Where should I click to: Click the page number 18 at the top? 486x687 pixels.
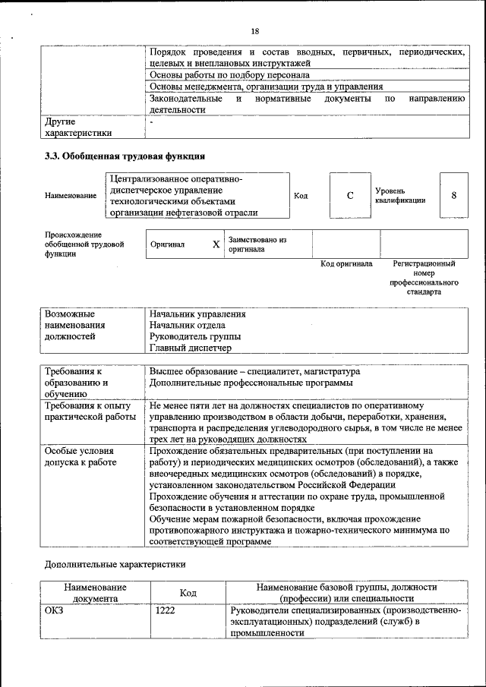[x=254, y=30]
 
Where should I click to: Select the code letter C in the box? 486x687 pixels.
[x=350, y=195]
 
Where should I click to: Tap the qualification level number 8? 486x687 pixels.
[x=453, y=195]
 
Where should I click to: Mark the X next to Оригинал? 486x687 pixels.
[x=216, y=244]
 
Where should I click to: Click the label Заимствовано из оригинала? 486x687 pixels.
[x=257, y=244]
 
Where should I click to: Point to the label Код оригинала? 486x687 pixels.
[x=346, y=264]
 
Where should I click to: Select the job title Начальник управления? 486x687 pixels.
[x=197, y=314]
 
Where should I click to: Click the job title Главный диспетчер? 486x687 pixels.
[x=190, y=348]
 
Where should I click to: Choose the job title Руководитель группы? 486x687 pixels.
[x=195, y=336]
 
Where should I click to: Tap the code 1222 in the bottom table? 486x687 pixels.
[x=166, y=610]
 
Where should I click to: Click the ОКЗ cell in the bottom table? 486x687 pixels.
[x=55, y=610]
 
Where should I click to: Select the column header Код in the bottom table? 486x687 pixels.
[x=188, y=592]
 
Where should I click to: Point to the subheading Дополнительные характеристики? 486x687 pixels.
[x=115, y=564]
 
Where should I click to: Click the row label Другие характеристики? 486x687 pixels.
[x=78, y=127]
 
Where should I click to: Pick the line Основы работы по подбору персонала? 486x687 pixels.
[x=229, y=76]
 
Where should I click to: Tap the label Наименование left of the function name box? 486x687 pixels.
[x=71, y=196]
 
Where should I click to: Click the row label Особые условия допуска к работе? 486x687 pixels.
[x=80, y=455]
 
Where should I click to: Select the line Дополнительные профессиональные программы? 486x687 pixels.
[x=251, y=383]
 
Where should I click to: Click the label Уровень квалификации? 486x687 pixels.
[x=399, y=195]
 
